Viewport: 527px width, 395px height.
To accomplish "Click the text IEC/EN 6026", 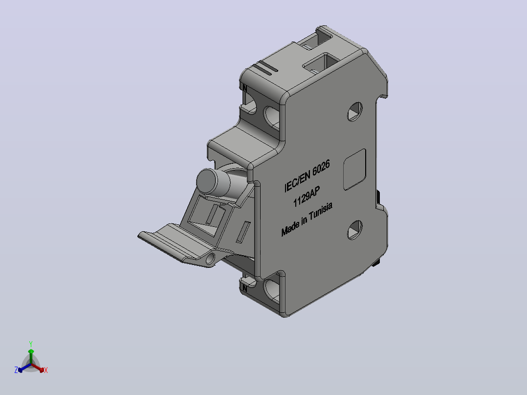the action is click(x=307, y=176).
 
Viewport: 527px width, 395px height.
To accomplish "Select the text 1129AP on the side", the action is click(x=307, y=197).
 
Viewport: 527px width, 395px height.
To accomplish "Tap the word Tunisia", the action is click(x=321, y=211).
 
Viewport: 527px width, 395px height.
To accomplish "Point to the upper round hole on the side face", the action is click(x=354, y=111).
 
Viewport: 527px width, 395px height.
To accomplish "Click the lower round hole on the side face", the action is click(x=354, y=230).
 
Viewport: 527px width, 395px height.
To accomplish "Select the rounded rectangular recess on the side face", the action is click(x=354, y=170).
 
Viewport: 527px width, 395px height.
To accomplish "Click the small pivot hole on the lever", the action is click(x=210, y=259).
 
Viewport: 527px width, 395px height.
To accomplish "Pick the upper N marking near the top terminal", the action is click(x=244, y=88).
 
